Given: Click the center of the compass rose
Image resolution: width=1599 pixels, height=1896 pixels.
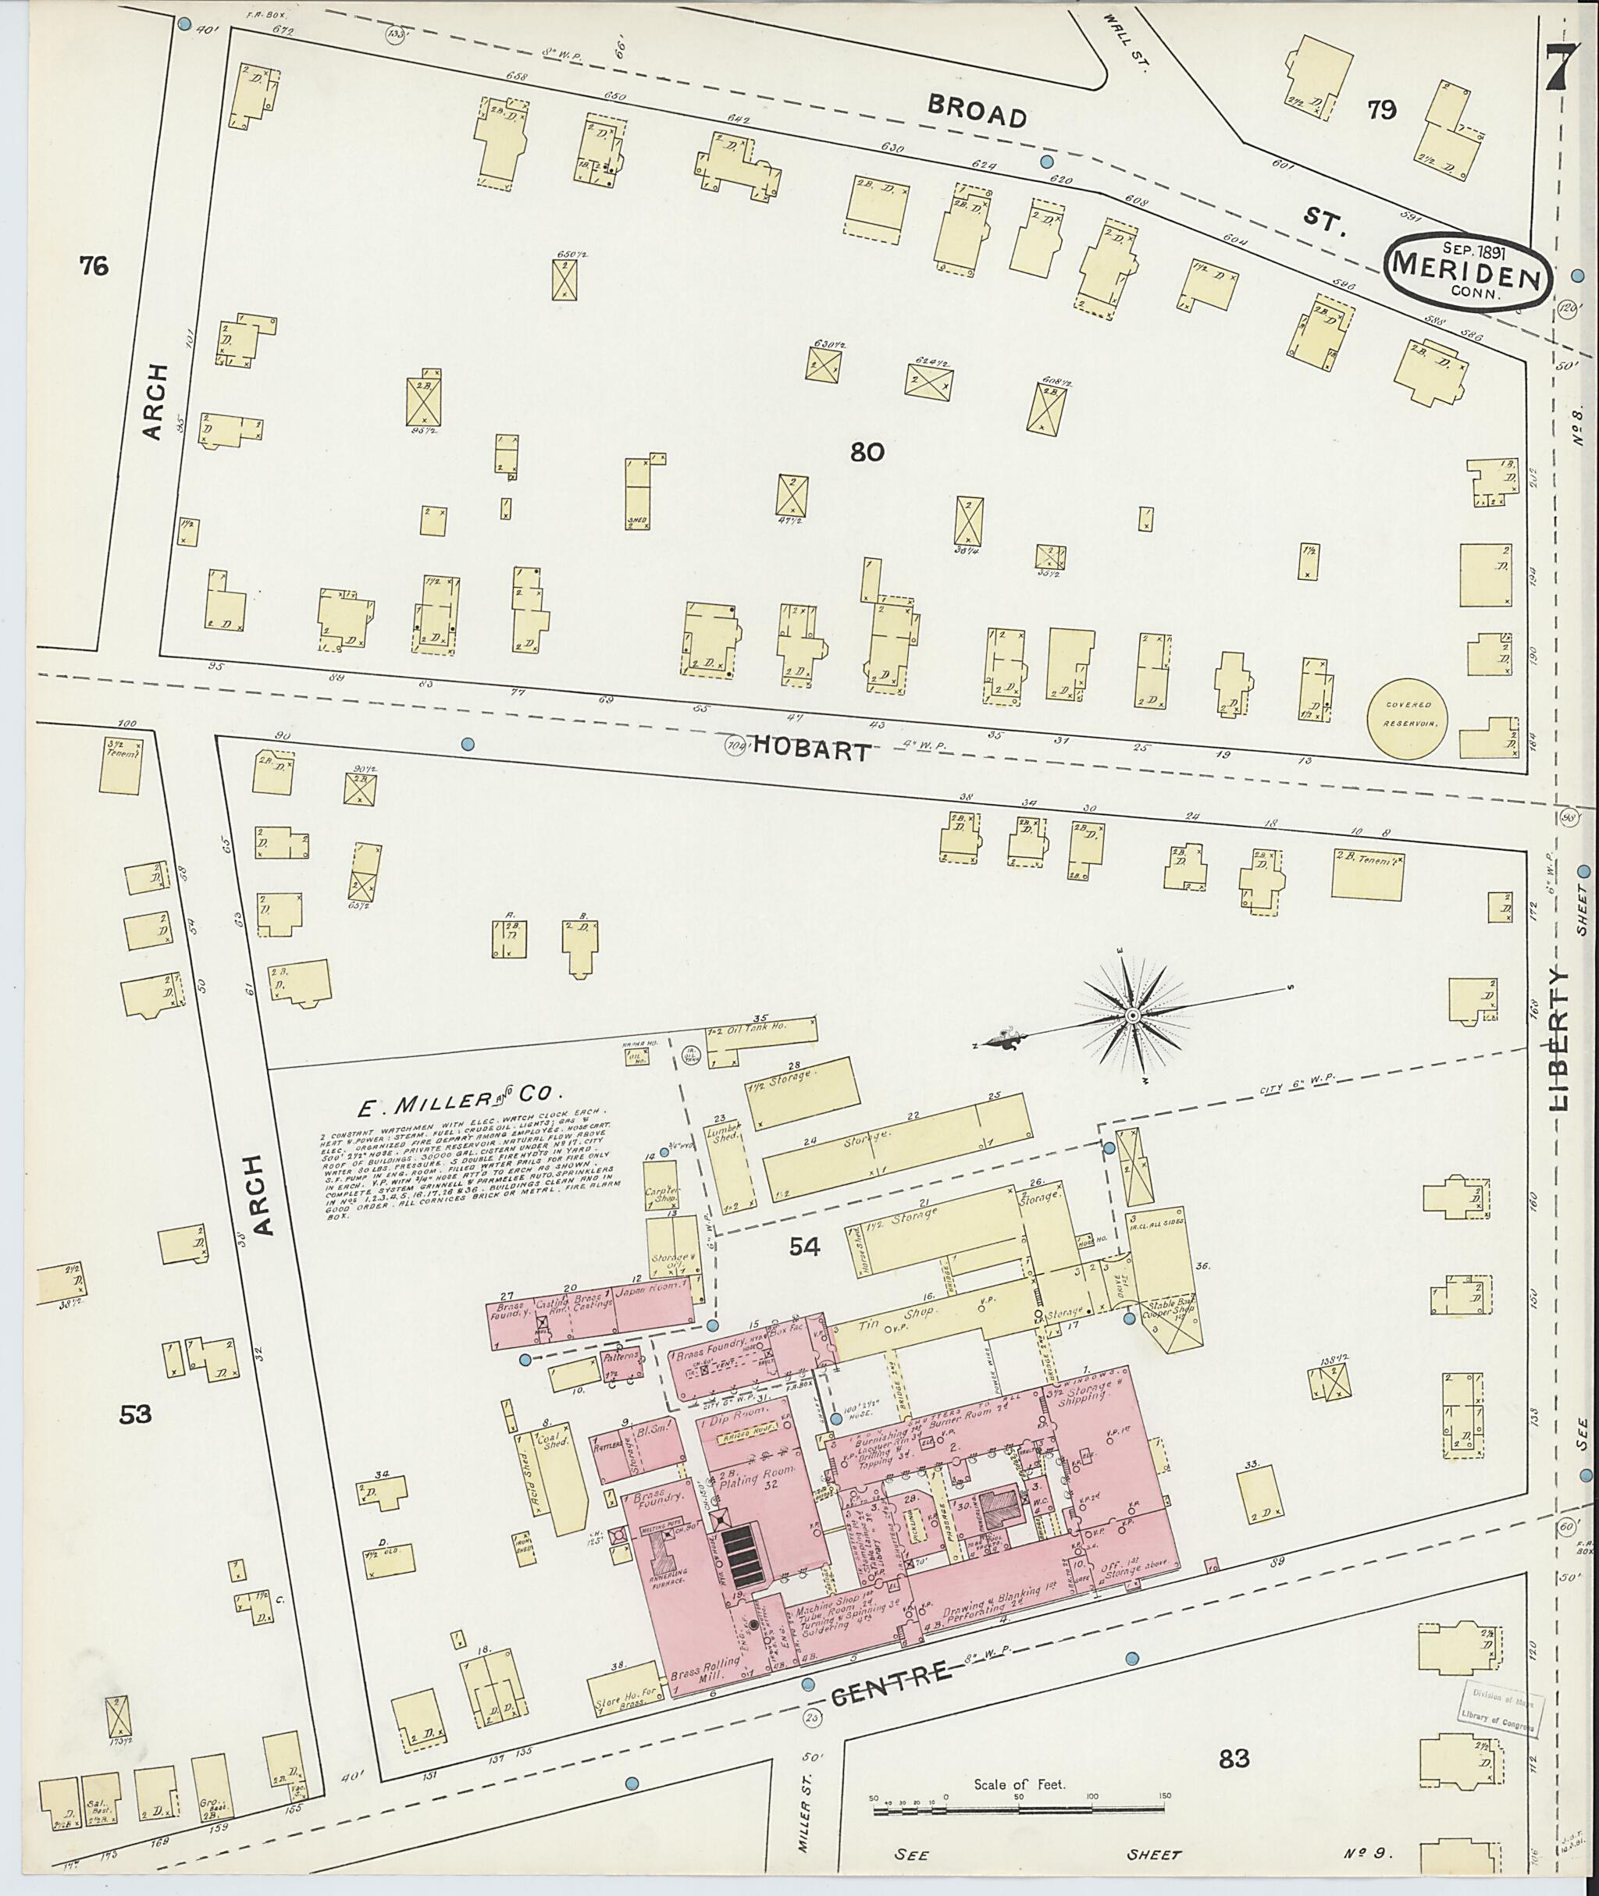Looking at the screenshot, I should [x=1132, y=1017].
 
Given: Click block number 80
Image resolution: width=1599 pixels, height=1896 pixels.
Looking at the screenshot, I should [x=867, y=451].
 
